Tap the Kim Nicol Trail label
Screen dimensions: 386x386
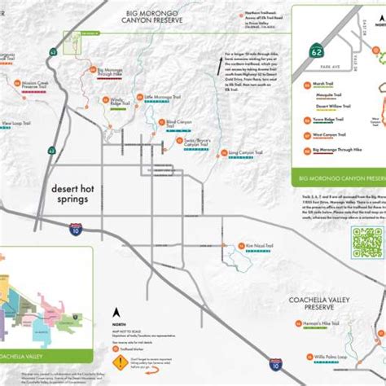coord(257,244)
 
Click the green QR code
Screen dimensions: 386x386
coord(365,242)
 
